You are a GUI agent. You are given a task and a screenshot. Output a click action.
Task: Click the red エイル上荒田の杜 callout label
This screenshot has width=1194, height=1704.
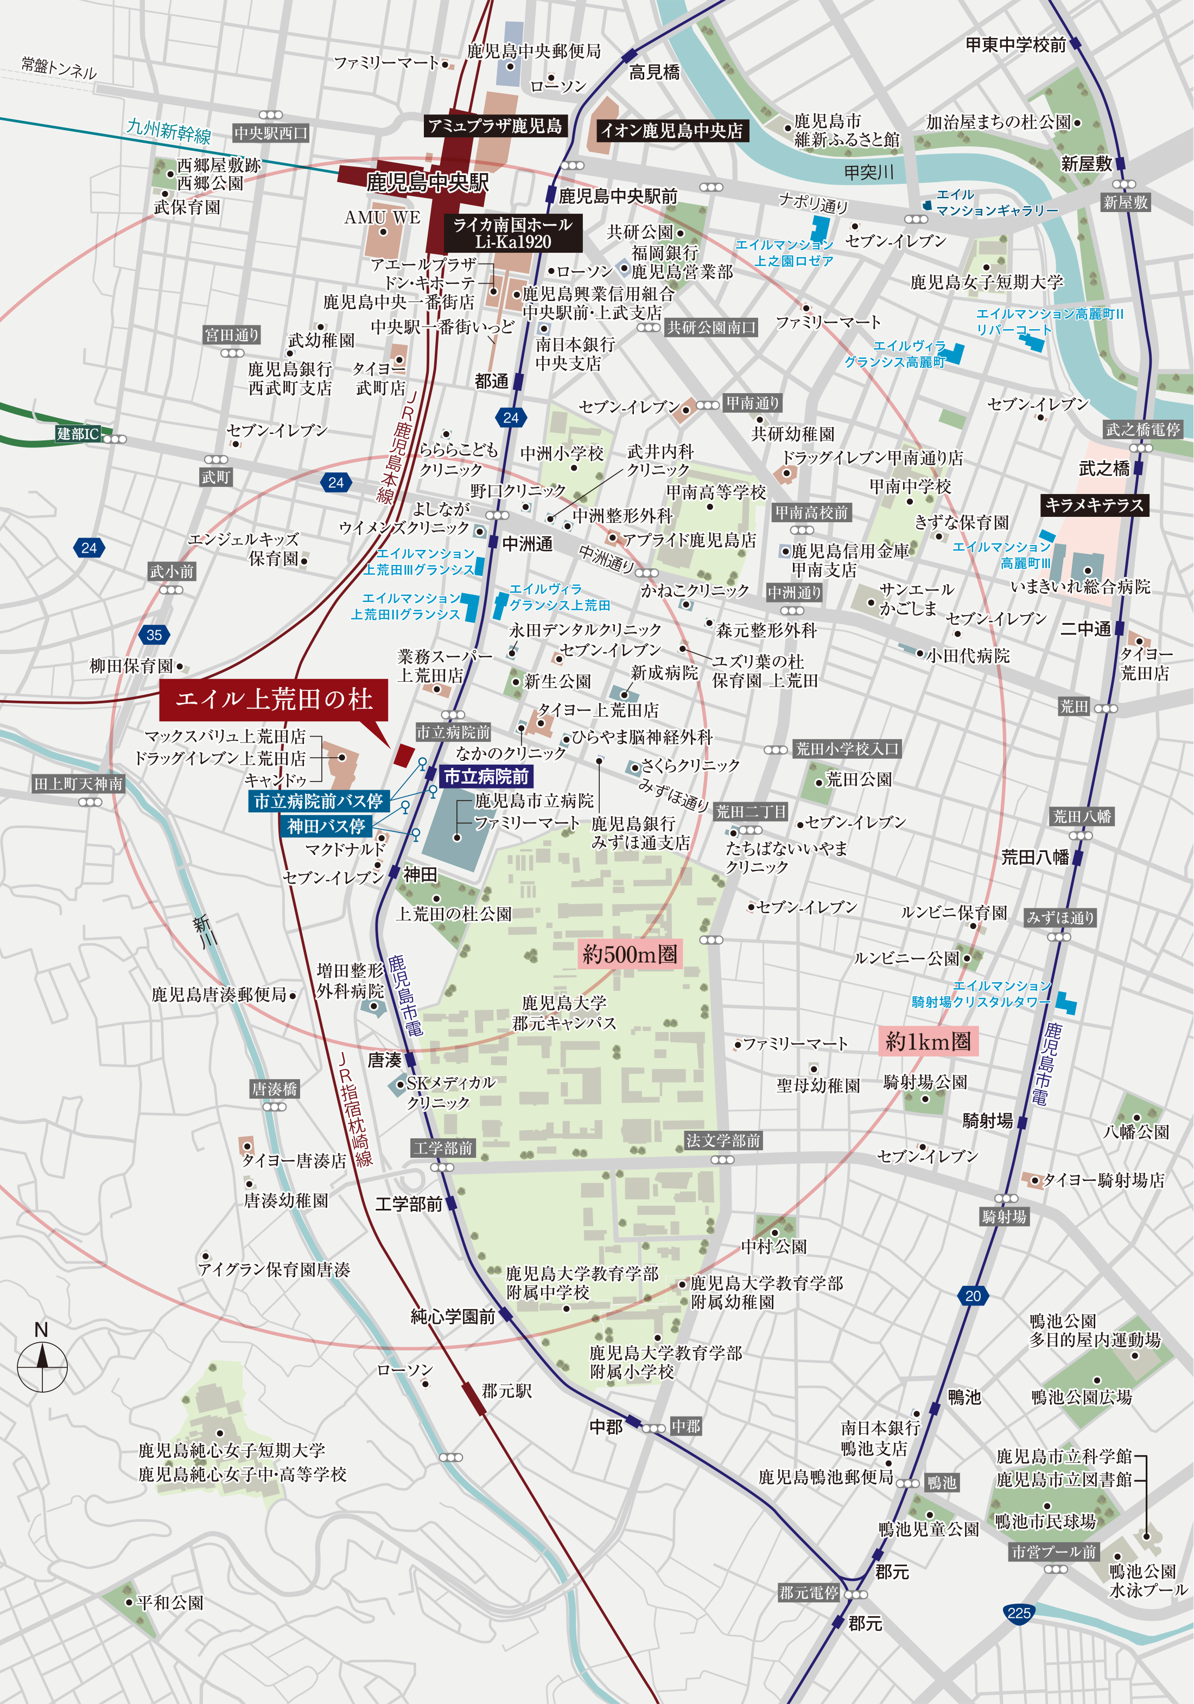coord(273,699)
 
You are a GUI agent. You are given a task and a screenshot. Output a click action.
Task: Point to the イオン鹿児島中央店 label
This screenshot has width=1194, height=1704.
coord(671,131)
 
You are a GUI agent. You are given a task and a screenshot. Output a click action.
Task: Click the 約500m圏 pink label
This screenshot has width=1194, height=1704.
coord(630,953)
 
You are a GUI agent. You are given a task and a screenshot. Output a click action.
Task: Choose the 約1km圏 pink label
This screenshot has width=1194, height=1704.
coord(928,1041)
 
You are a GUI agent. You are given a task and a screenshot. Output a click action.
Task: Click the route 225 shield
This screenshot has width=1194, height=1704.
coord(1019,1613)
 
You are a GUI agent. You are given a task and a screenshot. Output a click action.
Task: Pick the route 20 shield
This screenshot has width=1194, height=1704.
coord(973,1296)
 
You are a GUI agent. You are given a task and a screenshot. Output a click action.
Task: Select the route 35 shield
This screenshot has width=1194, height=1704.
coord(154,635)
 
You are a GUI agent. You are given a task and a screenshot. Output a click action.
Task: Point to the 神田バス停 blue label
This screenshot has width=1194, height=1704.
coord(326,826)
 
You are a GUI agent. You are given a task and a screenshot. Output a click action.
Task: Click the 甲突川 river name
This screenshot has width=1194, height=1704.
coord(869,173)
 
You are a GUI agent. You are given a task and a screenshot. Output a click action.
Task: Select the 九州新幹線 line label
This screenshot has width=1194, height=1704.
coord(169,131)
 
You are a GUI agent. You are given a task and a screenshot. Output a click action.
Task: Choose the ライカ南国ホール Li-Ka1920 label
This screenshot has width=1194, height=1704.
coord(512,233)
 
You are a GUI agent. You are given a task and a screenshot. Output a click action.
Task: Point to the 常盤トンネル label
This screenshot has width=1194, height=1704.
coord(59,68)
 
